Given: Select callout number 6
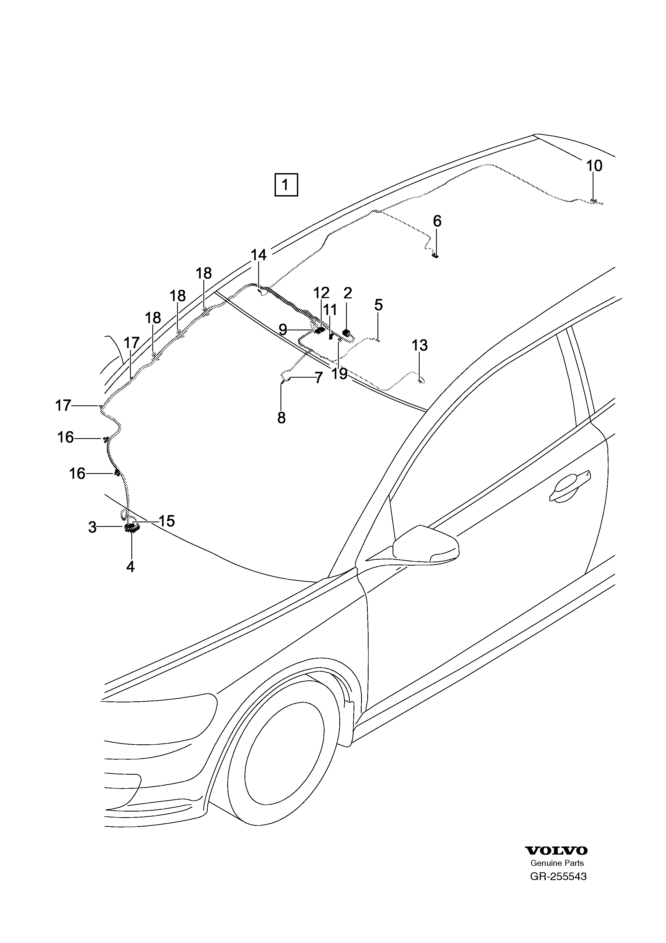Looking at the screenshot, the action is pyautogui.click(x=437, y=222).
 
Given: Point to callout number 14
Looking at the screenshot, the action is pyautogui.click(x=258, y=255).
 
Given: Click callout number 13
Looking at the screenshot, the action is pyautogui.click(x=420, y=345).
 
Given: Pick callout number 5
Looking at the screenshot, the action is pyautogui.click(x=378, y=305).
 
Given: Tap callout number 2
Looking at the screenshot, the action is pyautogui.click(x=348, y=293).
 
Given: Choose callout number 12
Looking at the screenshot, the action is pyautogui.click(x=321, y=293).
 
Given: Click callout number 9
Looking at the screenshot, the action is pyautogui.click(x=282, y=329).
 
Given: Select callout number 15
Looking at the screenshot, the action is pyautogui.click(x=167, y=521).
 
